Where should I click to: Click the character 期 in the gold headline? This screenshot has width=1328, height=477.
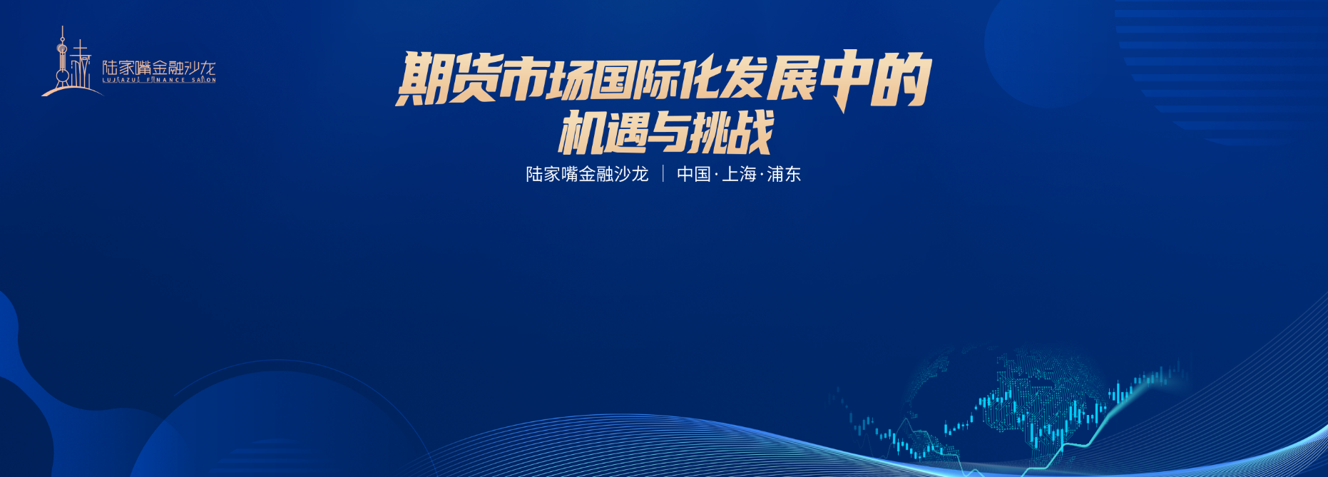423,78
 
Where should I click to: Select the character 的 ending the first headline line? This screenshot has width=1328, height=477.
901,79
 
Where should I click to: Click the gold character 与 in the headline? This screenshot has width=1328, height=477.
665,133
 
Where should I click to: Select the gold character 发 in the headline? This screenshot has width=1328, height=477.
742,78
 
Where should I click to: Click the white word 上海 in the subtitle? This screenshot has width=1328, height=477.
739,174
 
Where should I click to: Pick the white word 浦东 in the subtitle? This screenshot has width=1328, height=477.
784,174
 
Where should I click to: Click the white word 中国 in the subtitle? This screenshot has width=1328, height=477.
694,174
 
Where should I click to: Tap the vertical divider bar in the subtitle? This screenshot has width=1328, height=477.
663,174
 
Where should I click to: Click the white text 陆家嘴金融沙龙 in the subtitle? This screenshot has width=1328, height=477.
587,174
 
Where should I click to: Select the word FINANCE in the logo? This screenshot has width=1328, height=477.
166,81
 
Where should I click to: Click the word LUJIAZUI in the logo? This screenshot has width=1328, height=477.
121,81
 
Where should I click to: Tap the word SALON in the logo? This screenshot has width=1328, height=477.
204,81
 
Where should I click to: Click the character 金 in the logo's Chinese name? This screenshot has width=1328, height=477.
160,68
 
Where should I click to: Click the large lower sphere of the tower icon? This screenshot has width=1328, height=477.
63,76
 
